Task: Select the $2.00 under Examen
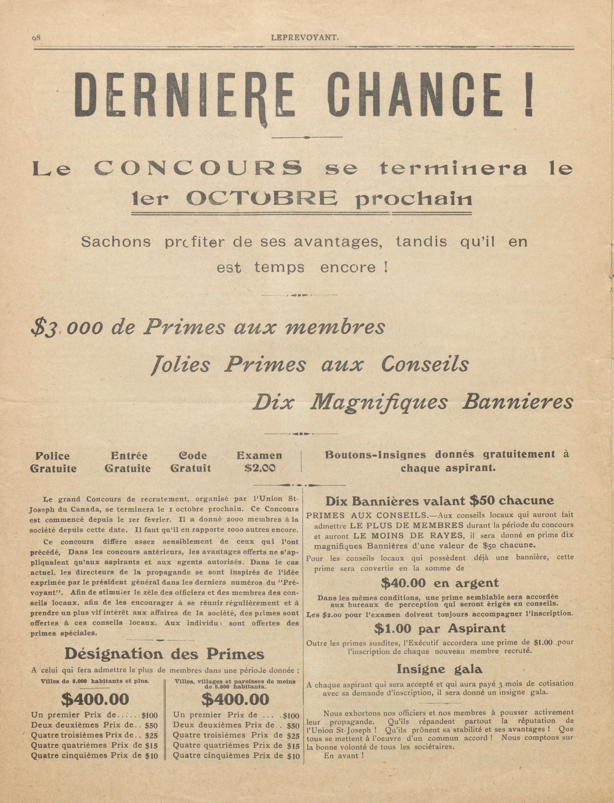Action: click(x=260, y=468)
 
